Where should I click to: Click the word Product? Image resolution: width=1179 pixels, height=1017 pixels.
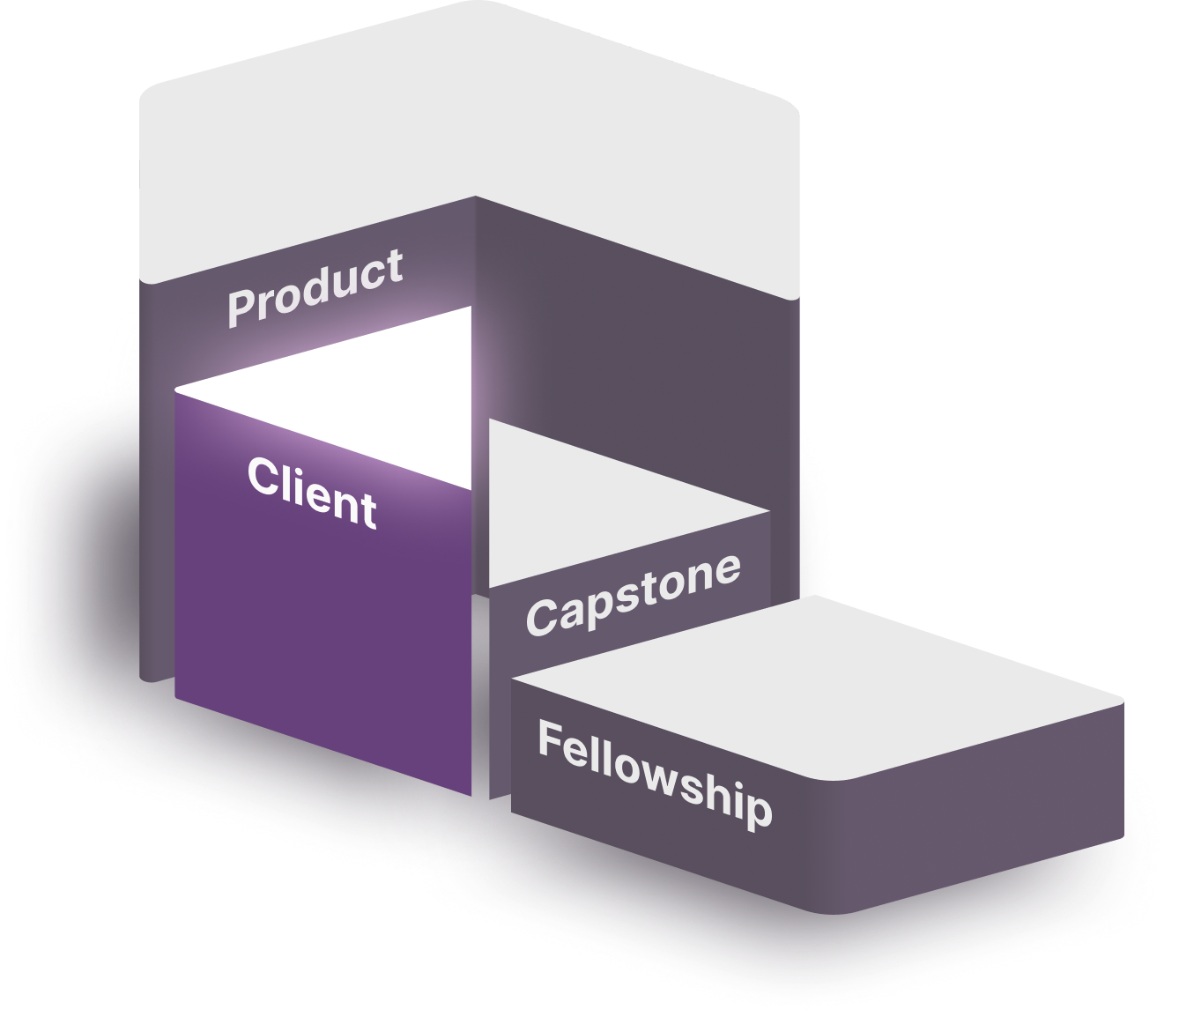click(315, 287)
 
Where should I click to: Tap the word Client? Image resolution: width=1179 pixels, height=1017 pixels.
click(312, 493)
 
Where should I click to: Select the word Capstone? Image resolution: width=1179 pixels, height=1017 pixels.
click(633, 593)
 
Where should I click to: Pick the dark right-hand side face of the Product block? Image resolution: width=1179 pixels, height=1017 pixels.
click(634, 353)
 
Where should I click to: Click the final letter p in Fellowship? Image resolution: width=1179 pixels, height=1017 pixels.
click(757, 809)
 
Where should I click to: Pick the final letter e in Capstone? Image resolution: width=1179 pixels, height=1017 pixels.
click(725, 570)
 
